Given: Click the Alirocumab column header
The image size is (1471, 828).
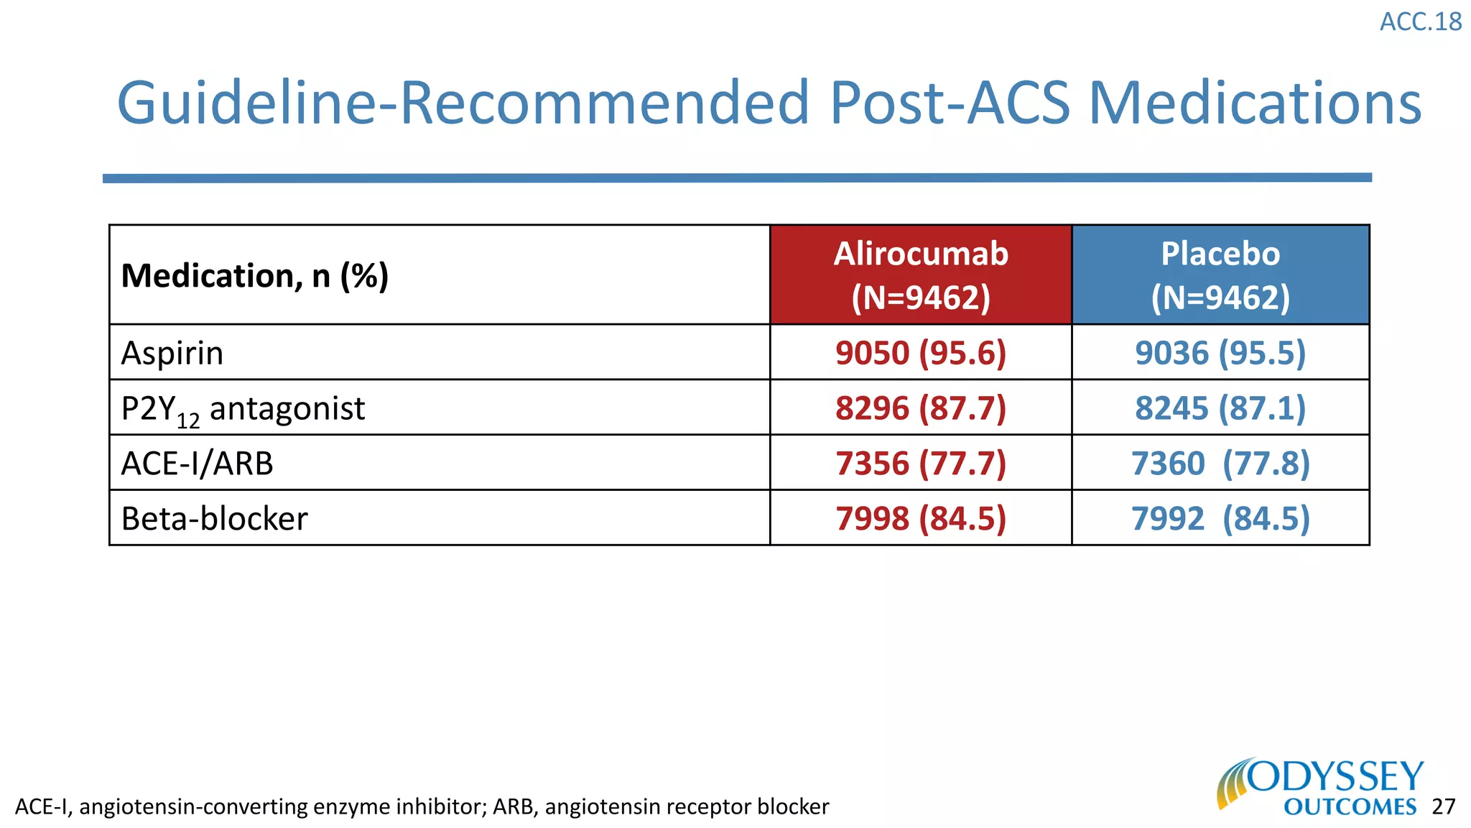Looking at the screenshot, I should point(920,275).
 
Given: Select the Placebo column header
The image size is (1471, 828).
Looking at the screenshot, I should point(1220,275).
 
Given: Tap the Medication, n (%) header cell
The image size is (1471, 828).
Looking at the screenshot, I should point(255,276).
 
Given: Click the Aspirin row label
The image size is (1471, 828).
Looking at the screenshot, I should point(172,354).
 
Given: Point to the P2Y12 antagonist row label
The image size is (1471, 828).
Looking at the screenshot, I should point(243,409).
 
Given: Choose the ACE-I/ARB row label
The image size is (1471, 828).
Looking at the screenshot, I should point(198,464).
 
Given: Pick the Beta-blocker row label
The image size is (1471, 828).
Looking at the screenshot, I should point(214,519).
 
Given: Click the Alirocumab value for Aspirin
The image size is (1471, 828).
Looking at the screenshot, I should point(920,353).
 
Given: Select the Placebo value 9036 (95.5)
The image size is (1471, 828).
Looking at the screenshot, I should point(1220,353).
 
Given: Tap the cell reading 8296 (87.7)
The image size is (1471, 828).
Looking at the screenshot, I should point(920,408).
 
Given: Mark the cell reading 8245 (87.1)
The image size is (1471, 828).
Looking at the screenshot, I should point(1220,408).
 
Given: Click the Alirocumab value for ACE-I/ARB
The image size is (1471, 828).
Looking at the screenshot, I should point(920,464).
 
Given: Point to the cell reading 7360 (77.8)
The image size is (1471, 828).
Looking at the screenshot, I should point(1220,464).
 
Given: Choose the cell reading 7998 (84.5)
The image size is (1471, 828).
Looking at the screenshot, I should point(920,519).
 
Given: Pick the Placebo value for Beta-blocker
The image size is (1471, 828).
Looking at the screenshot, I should point(1220,519).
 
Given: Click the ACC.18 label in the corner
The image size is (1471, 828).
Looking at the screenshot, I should point(1420,22).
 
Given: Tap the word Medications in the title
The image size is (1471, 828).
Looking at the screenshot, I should point(1255,103).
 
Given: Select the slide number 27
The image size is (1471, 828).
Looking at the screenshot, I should point(1443,806).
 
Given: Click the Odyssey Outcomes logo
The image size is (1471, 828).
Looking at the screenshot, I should point(1320,787).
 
